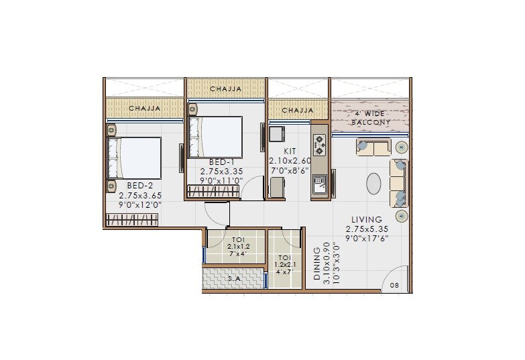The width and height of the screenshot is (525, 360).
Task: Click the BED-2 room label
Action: (x=140, y=184)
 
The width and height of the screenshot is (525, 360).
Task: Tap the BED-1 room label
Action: (x=221, y=162)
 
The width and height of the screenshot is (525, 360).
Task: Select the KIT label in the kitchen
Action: (x=290, y=152)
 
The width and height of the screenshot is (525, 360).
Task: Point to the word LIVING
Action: (x=366, y=219)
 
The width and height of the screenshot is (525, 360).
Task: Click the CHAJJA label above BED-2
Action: (x=144, y=108)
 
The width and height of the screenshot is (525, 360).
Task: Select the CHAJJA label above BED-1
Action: (x=225, y=88)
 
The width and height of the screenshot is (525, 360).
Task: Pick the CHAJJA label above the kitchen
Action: (x=298, y=110)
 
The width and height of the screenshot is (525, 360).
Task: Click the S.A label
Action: (x=234, y=278)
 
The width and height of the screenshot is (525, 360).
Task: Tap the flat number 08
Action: (x=394, y=286)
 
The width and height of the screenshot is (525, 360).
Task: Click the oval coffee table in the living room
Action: (x=374, y=183)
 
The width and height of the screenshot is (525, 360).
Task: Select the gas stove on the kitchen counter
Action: (x=319, y=142)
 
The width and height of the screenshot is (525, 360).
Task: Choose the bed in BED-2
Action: (x=135, y=158)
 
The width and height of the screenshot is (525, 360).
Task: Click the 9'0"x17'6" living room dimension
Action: (x=367, y=237)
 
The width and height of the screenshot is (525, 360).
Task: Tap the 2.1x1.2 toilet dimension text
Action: (x=237, y=247)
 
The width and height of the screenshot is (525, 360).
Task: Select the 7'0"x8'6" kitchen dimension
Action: (x=290, y=171)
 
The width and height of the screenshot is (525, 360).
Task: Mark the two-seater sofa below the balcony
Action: (x=373, y=147)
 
